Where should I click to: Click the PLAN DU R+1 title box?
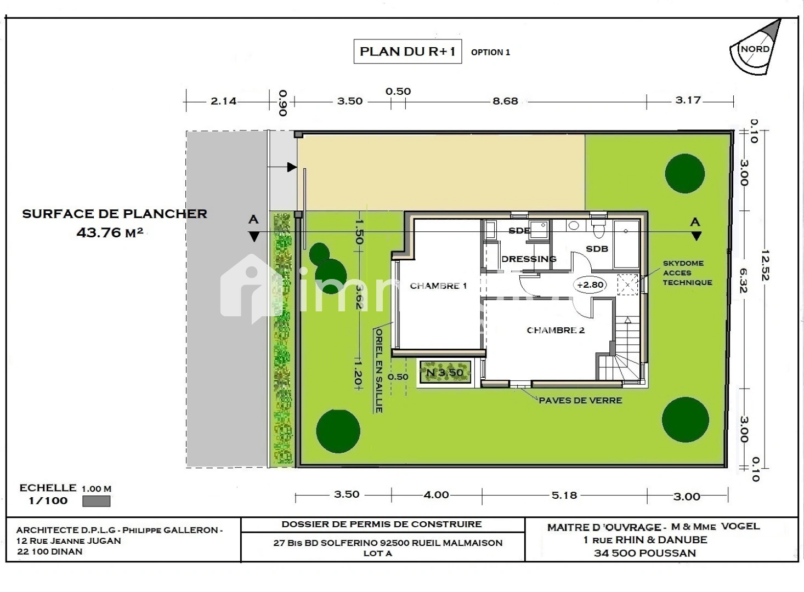coord(407,52)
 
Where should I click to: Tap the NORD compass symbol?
coord(755,48)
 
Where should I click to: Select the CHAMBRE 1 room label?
coord(438,286)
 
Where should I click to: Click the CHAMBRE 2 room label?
coord(555,330)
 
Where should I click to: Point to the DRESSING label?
coord(529,259)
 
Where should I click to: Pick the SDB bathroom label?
coord(597,249)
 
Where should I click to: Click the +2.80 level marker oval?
coord(590,285)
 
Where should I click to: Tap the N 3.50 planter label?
coord(445,373)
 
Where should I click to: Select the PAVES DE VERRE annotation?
coord(580,401)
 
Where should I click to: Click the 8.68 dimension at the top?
coord(505,101)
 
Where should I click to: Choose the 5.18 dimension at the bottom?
coord(564,495)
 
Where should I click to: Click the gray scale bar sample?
coord(96,501)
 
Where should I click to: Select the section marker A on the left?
coord(253,227)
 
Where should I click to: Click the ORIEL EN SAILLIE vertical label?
coord(378,370)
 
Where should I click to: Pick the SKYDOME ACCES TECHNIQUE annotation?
coord(687,273)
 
